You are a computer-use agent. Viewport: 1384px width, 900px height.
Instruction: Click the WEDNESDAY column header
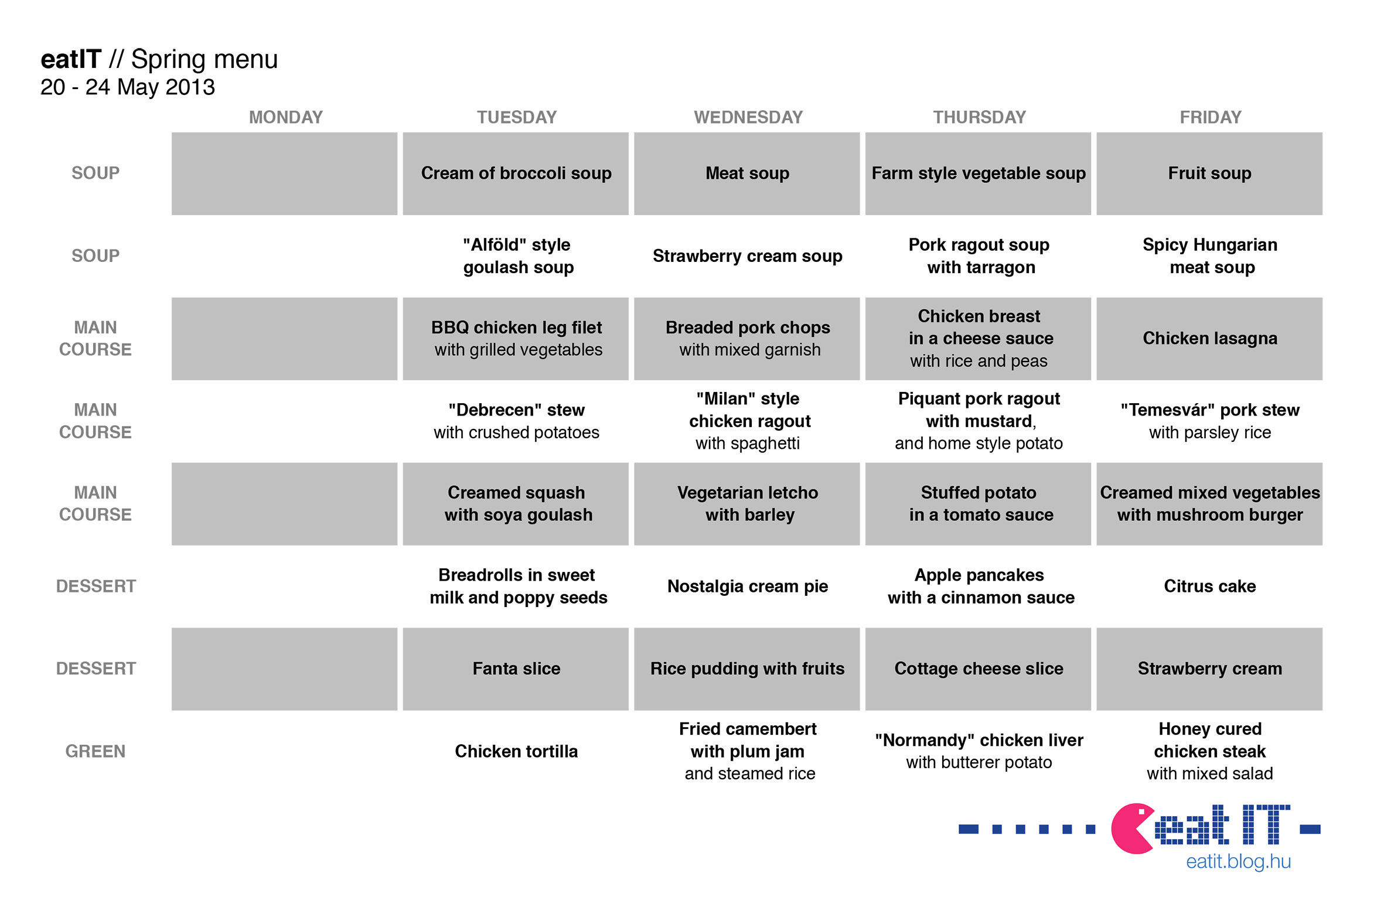click(748, 117)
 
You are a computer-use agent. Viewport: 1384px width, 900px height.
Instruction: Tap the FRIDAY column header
click(1210, 117)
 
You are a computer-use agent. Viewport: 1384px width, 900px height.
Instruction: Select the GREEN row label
click(96, 751)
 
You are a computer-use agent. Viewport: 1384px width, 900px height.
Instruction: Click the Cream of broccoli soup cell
click(516, 173)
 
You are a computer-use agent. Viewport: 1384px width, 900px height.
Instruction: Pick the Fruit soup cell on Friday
click(1209, 173)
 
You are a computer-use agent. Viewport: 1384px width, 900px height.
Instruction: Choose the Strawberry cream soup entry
click(748, 256)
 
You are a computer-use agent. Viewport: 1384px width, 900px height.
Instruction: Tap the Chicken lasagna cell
click(1209, 339)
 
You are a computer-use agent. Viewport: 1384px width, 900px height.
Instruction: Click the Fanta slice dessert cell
click(516, 669)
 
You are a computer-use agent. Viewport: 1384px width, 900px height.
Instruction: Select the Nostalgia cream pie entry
click(748, 587)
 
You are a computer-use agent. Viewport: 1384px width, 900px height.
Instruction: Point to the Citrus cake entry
click(1209, 587)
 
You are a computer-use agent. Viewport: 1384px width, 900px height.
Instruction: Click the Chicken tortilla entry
click(516, 751)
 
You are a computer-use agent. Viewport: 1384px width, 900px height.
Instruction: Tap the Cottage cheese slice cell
click(978, 669)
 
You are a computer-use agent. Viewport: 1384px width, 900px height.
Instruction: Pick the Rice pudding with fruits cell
click(747, 669)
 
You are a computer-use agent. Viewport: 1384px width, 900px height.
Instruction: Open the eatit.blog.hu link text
click(1238, 862)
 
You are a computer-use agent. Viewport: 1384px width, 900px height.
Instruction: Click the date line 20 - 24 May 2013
click(128, 87)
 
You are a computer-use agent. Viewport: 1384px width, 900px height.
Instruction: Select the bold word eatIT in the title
click(71, 59)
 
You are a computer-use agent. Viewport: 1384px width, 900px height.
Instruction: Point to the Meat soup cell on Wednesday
click(747, 173)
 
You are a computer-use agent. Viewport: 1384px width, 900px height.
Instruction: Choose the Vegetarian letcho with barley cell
click(747, 504)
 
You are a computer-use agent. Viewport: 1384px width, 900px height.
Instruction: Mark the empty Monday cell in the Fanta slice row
click(284, 669)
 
